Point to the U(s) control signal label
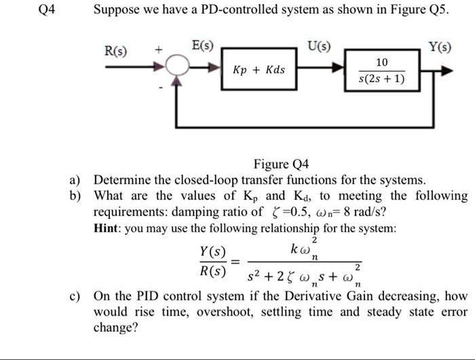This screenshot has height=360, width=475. click(x=319, y=47)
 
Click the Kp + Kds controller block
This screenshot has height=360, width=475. click(x=259, y=70)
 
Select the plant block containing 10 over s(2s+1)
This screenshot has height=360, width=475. click(x=381, y=70)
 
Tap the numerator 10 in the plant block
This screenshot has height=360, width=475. click(x=381, y=62)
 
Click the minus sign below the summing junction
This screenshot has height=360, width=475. click(x=161, y=87)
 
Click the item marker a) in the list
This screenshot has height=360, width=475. click(x=75, y=180)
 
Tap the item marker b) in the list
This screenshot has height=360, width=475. click(x=75, y=196)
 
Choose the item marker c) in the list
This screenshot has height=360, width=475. click(x=75, y=297)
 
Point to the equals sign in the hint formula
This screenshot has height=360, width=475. click(x=235, y=261)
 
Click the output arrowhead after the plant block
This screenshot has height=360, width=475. click(x=444, y=70)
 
